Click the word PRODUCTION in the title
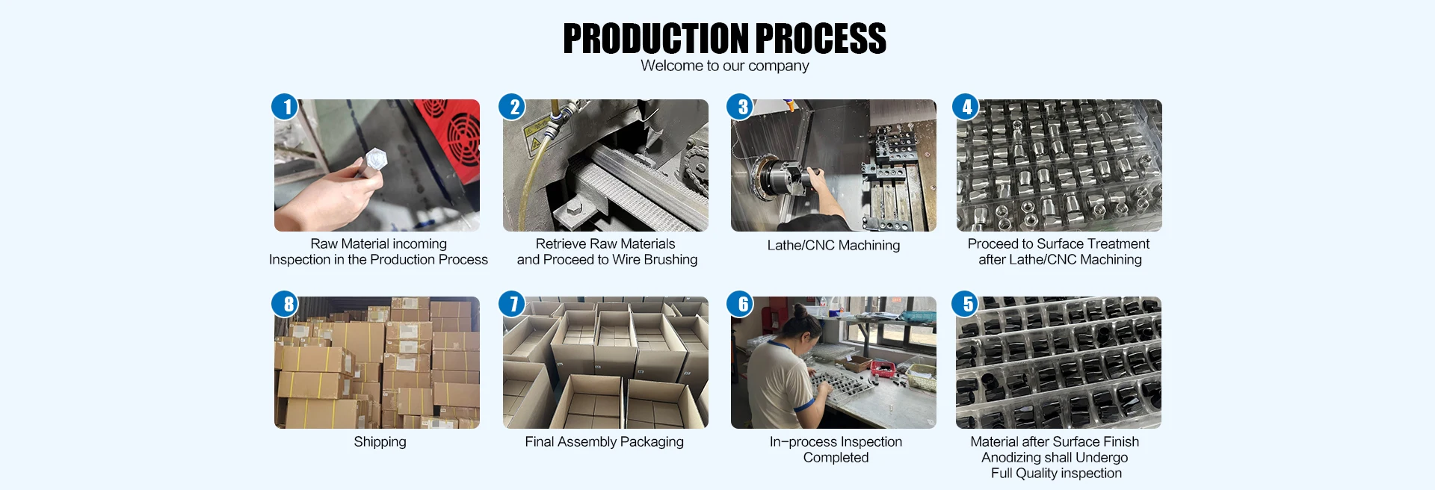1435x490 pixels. pos(655,38)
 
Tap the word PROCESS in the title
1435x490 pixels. pos(821,38)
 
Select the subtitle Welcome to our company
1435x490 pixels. pos(724,66)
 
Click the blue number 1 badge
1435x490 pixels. pos(286,107)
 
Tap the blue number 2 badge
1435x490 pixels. pos(513,107)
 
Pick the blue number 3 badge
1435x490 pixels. pos(741,107)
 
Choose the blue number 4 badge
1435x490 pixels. pos(966,107)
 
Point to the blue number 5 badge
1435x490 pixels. pos(966,304)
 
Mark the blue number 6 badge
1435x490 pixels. pos(741,304)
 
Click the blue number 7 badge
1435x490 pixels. pos(513,304)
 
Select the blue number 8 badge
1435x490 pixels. pos(286,304)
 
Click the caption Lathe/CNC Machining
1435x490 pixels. pos(833,245)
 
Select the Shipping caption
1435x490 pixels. pos(380,441)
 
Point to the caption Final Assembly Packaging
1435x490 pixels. pos(604,441)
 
